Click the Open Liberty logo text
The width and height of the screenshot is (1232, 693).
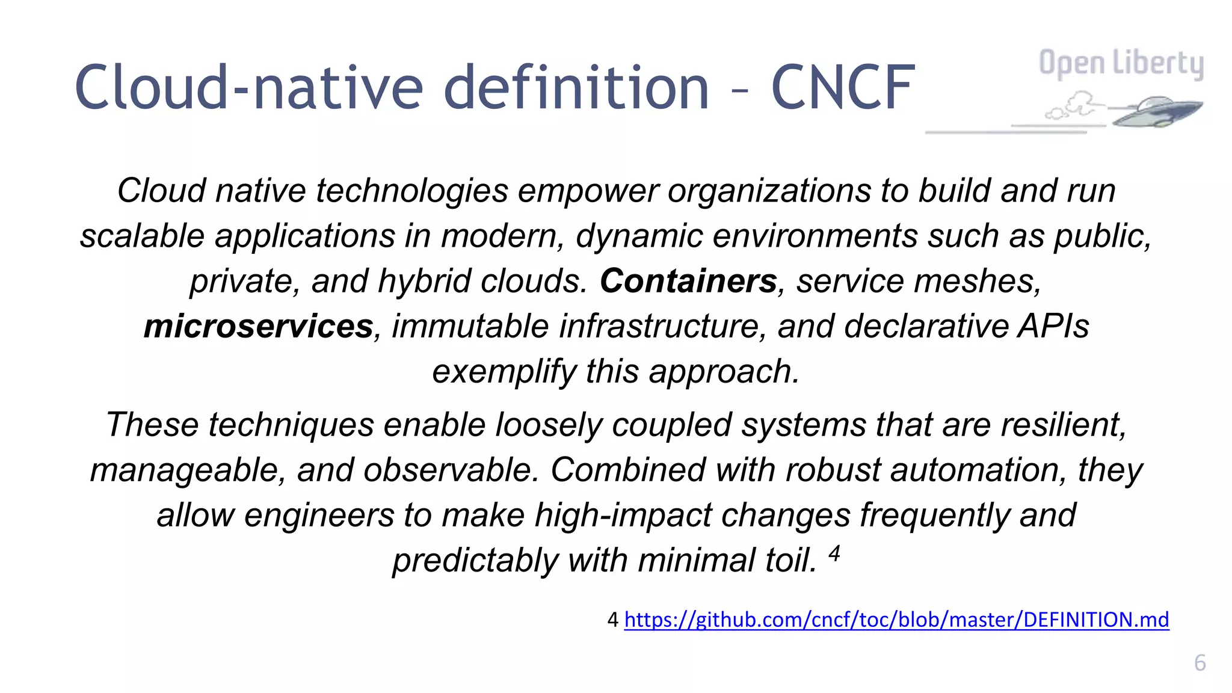click(x=1121, y=63)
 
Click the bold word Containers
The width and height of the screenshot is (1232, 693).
click(x=688, y=281)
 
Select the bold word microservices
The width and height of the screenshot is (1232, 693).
click(x=259, y=326)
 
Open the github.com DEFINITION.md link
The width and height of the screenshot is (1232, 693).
click(x=896, y=619)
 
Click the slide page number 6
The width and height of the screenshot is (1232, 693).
click(x=1200, y=663)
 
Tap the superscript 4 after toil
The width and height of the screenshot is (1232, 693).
click(x=834, y=552)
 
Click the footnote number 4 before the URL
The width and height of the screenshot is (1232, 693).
click(x=612, y=620)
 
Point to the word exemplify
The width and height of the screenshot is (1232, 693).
click(x=504, y=372)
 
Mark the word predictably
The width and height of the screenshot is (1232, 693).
click(x=475, y=561)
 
